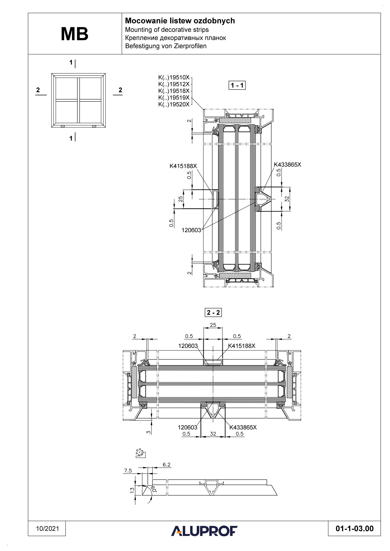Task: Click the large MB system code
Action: pyautogui.click(x=74, y=34)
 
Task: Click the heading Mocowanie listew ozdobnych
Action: pyautogui.click(x=180, y=21)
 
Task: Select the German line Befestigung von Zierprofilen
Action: pyautogui.click(x=166, y=46)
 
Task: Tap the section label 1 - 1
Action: pyautogui.click(x=237, y=85)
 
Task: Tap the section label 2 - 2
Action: pyautogui.click(x=213, y=313)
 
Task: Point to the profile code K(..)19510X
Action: pyautogui.click(x=174, y=77)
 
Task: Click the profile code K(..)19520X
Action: pyautogui.click(x=174, y=104)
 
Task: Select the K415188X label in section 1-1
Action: pyautogui.click(x=183, y=166)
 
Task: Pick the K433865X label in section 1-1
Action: pyautogui.click(x=287, y=164)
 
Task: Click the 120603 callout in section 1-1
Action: pyautogui.click(x=191, y=230)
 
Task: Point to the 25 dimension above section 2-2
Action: pyautogui.click(x=213, y=325)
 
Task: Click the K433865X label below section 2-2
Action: pyautogui.click(x=243, y=427)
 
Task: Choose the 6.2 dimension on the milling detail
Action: pyautogui.click(x=167, y=465)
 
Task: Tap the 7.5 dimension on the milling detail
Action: pyautogui.click(x=128, y=471)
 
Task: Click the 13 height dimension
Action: pyautogui.click(x=132, y=489)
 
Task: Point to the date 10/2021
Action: pyautogui.click(x=47, y=529)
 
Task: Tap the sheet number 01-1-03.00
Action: pyautogui.click(x=354, y=529)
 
